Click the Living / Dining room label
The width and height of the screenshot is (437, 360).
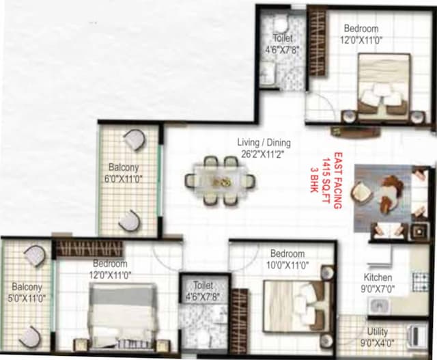(264, 143)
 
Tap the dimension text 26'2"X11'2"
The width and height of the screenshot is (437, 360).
(264, 154)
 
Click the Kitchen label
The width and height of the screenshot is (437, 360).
(378, 277)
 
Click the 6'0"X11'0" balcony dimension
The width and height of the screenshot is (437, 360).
(124, 179)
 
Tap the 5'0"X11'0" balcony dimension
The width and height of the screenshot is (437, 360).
(27, 299)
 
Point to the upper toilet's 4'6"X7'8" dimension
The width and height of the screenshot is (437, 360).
(283, 50)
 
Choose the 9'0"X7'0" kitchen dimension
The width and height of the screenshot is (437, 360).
(378, 289)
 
